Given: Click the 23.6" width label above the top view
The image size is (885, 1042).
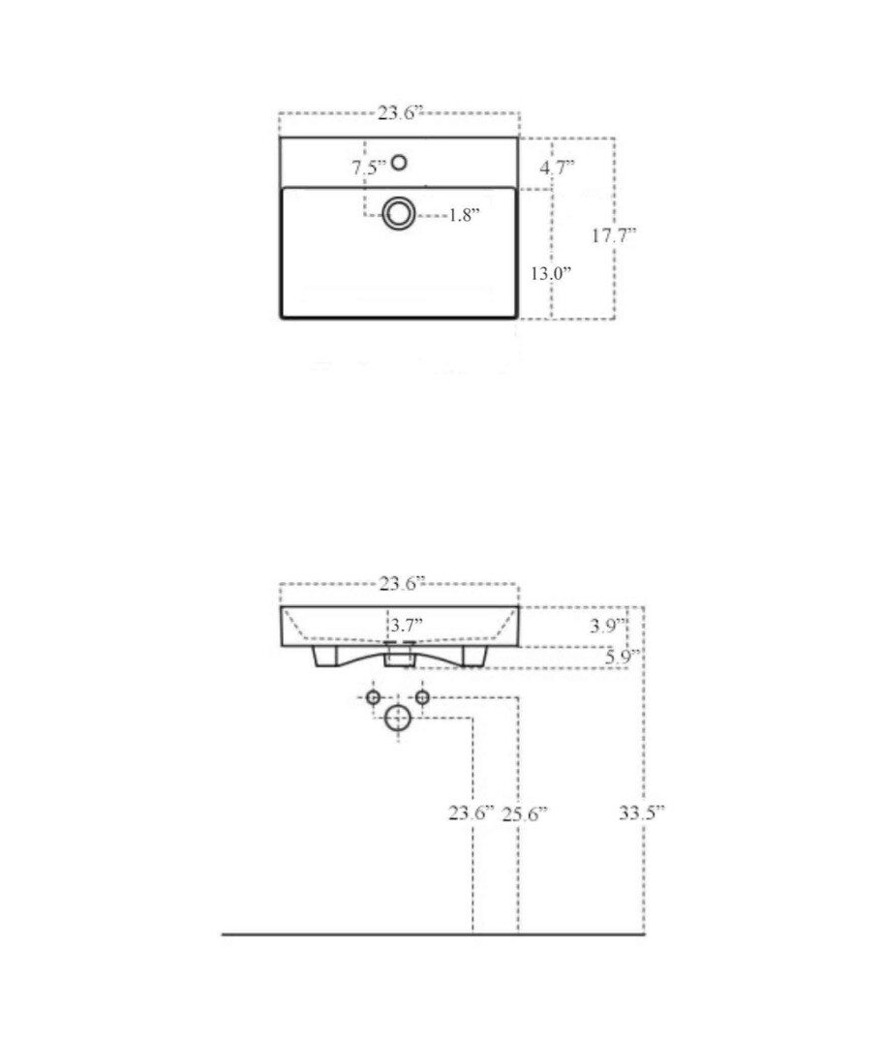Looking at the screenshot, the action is (x=400, y=113).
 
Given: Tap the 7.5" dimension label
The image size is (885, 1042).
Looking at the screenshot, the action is (x=369, y=168).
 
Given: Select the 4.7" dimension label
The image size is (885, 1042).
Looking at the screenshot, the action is (x=557, y=167).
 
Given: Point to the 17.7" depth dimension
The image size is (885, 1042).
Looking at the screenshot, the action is (x=614, y=234).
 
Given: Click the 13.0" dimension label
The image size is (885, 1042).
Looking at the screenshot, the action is (x=550, y=273).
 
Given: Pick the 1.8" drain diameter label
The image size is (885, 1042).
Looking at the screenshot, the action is (x=464, y=216).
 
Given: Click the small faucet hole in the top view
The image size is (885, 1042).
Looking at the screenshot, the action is (x=399, y=163).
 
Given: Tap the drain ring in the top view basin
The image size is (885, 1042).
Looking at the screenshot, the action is (x=398, y=213).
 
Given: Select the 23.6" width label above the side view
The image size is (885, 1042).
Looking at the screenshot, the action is (x=402, y=584).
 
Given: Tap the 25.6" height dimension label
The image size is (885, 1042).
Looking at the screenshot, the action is (x=525, y=814).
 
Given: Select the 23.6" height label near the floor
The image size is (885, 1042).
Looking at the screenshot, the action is (x=472, y=813).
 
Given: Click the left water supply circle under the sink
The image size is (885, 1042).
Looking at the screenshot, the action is (x=374, y=697).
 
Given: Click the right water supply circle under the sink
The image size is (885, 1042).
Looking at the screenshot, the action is (x=422, y=697).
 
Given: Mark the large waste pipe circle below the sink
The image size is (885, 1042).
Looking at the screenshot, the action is (x=398, y=718).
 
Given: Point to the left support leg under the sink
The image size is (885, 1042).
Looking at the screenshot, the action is (x=324, y=658).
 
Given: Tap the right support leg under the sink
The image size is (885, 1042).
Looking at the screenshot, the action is (x=473, y=657).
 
